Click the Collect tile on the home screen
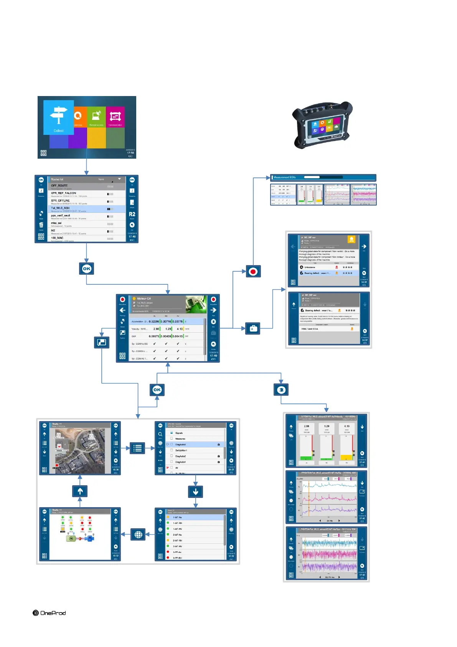pos(58,117)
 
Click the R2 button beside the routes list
pos(132,214)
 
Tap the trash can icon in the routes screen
pos(41,225)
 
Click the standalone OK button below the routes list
pos(87,269)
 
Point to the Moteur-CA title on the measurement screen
pos(144,299)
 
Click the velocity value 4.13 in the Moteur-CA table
pos(180,329)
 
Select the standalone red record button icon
pos(253,272)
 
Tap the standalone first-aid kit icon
pos(253,328)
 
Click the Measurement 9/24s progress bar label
pos(285,178)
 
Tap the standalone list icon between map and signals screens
pos(137,448)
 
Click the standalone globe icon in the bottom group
pos(139,534)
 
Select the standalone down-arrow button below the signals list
pos(196,491)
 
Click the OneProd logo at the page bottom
pos(49,613)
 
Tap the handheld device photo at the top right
pos(322,125)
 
